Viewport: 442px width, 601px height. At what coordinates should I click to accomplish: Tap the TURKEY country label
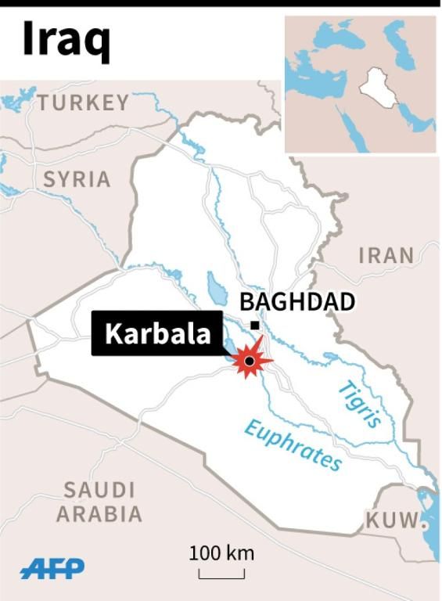(83, 103)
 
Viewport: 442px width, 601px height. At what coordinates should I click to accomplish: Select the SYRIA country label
(76, 179)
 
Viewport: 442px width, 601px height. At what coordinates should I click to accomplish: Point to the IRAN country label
(386, 255)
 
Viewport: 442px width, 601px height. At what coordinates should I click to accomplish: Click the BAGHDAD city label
(296, 302)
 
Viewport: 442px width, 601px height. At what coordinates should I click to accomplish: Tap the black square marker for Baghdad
(254, 325)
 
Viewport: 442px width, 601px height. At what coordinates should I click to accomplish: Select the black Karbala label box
(157, 333)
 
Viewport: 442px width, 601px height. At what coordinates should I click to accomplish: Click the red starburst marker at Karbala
(250, 361)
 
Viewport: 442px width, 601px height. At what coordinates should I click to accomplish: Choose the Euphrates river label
(293, 444)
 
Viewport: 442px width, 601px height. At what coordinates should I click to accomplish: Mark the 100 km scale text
(221, 553)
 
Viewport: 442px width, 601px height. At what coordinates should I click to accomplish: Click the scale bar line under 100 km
(221, 578)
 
